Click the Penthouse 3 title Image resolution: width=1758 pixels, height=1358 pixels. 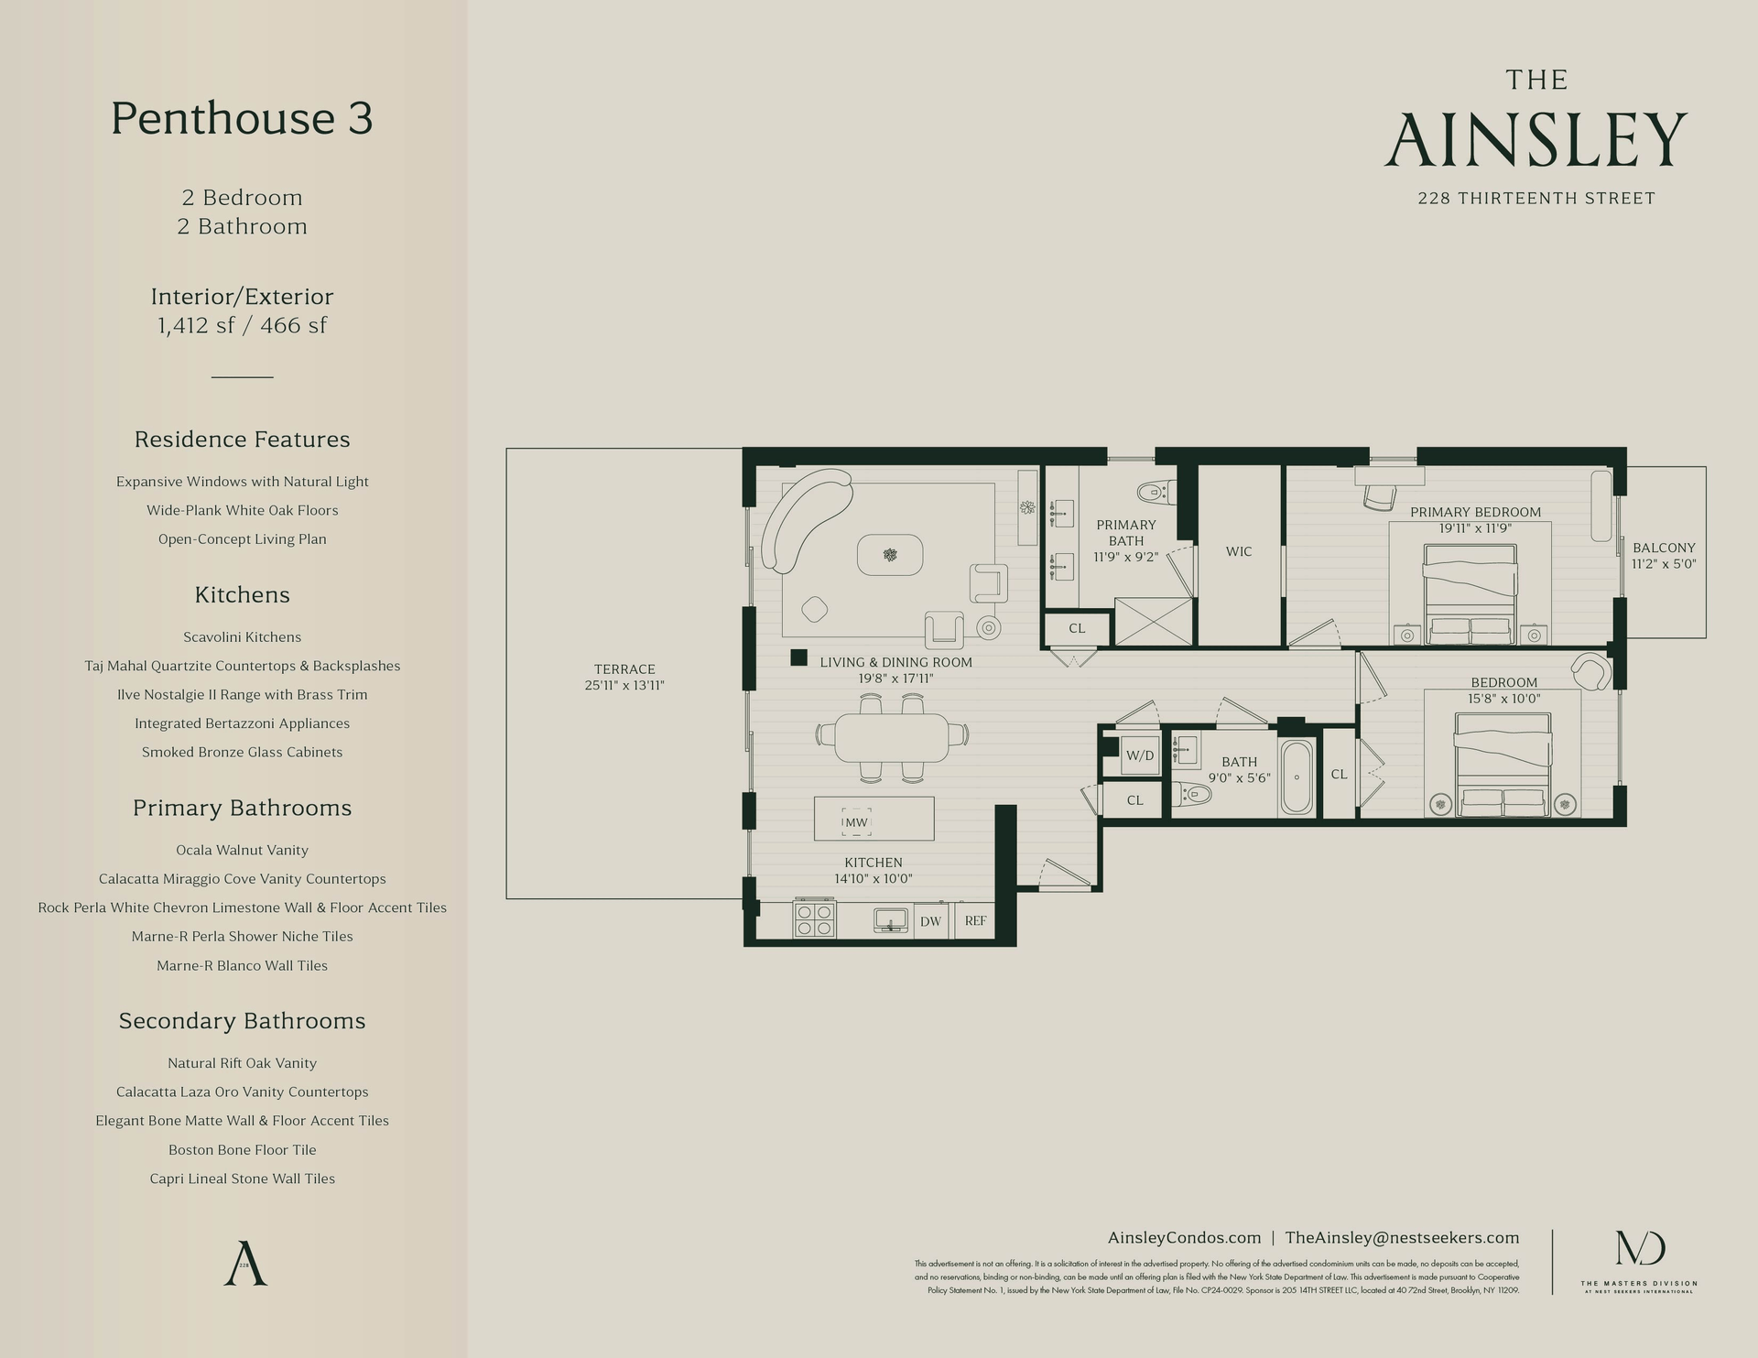pos(242,118)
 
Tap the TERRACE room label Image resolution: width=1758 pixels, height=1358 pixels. pos(624,669)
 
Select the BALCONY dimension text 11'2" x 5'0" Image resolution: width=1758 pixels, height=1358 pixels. pos(1663,564)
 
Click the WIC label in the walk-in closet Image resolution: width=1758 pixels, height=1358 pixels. pos(1238,551)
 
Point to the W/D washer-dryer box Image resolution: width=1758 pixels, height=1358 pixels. pos(1140,755)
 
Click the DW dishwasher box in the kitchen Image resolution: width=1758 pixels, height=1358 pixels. pos(930,921)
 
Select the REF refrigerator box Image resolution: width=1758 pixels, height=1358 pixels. pos(975,921)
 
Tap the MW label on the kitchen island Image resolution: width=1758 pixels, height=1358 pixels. pos(856,822)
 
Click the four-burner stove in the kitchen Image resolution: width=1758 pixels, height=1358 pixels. pos(815,919)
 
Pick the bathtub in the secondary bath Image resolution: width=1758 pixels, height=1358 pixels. pos(1297,777)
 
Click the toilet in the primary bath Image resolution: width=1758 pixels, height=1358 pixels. pos(1156,493)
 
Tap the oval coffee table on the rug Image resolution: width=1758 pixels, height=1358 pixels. pos(889,555)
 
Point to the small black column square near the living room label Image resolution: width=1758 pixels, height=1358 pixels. pos(798,657)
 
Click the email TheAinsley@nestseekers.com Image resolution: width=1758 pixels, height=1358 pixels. pos(1401,1237)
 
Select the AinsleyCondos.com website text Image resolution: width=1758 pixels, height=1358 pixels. pos(1184,1237)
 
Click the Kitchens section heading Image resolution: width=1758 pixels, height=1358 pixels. pos(242,594)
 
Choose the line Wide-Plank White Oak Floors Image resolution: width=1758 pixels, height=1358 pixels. pos(242,510)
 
